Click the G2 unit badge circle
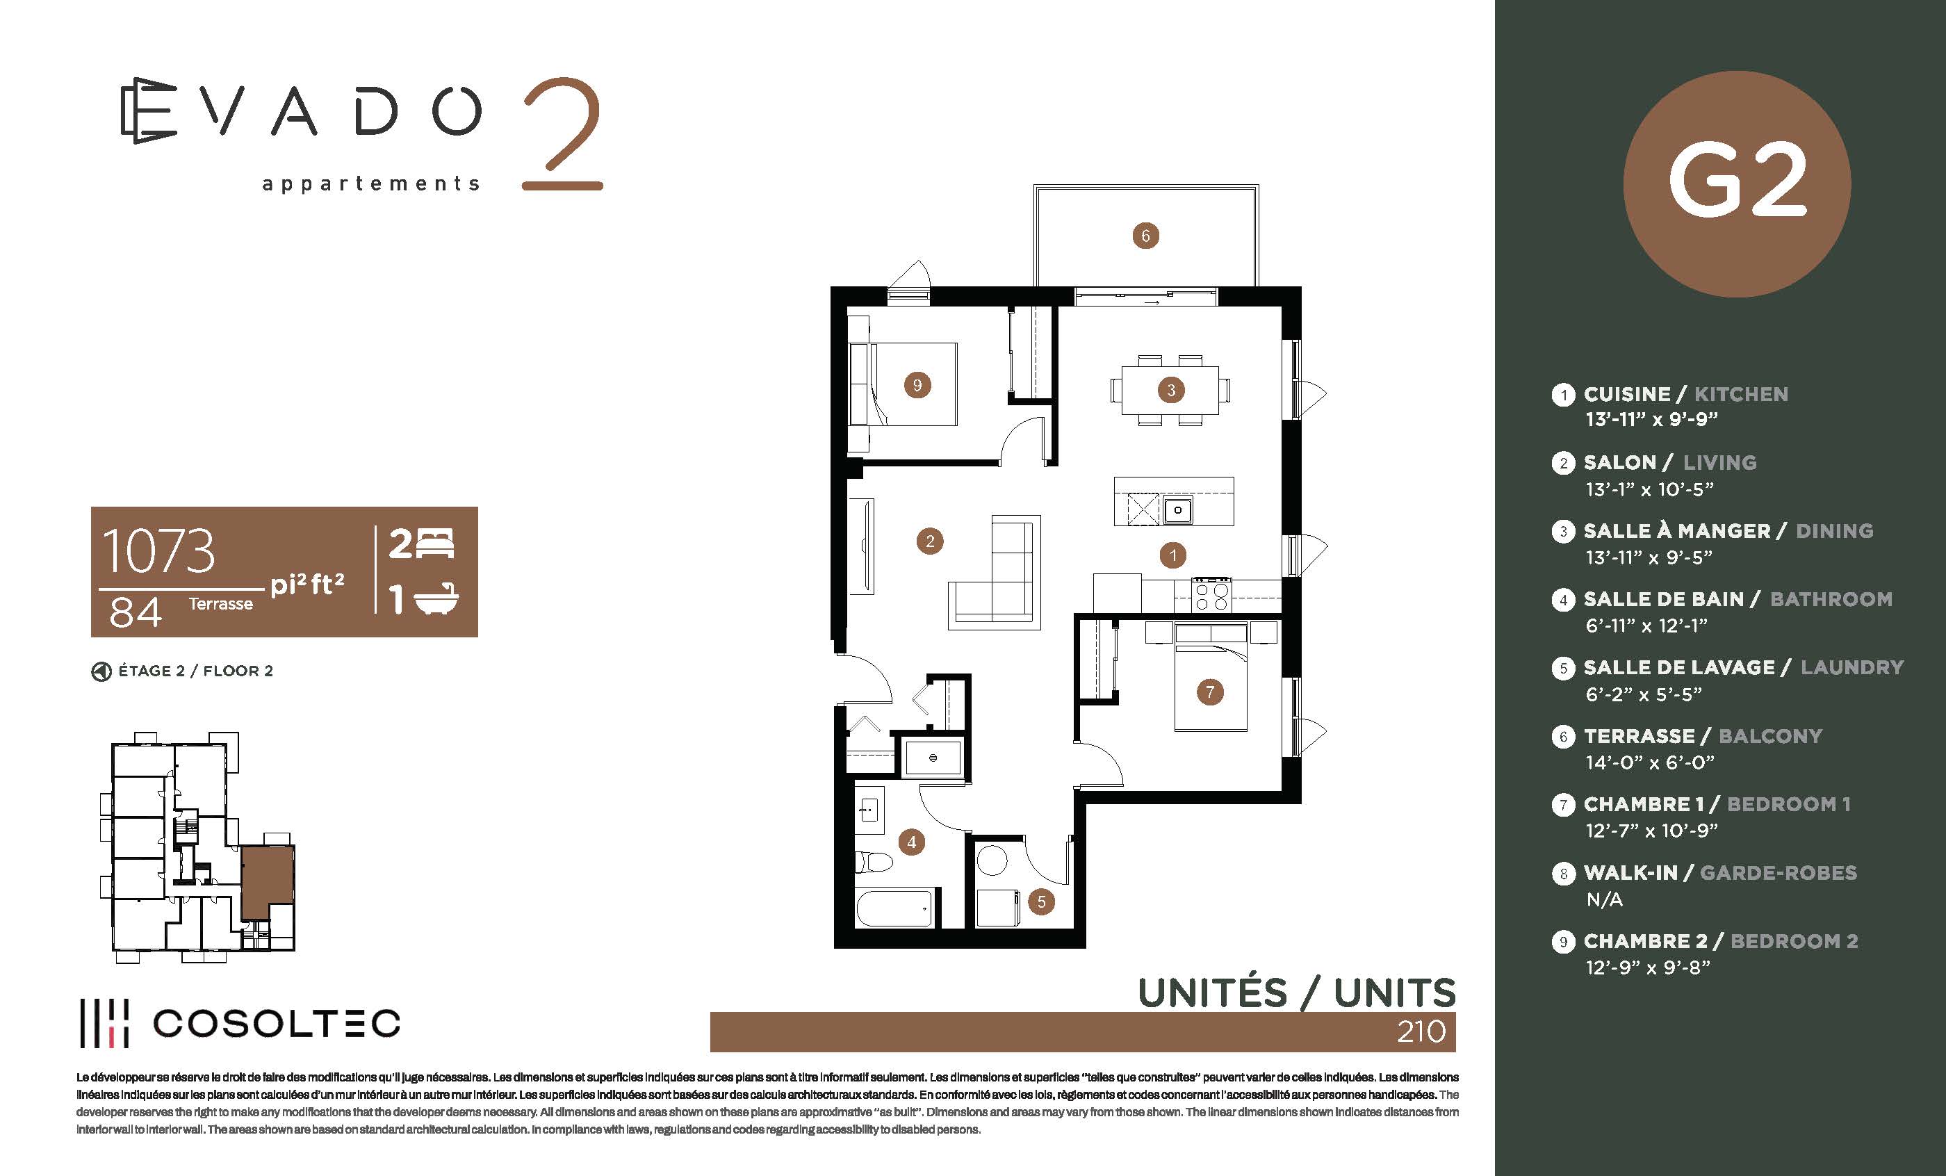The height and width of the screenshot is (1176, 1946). [x=1737, y=184]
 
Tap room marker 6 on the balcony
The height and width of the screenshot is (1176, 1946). [x=1145, y=236]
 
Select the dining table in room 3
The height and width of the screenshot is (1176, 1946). [x=1170, y=390]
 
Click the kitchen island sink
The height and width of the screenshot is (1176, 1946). [x=1177, y=510]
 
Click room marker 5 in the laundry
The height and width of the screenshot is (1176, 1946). [x=1041, y=902]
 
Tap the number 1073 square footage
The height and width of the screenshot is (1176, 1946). [x=158, y=551]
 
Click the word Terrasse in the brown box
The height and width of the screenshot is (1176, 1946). [x=221, y=604]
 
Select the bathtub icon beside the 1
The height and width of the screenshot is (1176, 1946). [x=436, y=599]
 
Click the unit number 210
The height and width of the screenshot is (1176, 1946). [x=1421, y=1031]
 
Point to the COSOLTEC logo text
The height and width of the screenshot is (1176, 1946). [x=277, y=1024]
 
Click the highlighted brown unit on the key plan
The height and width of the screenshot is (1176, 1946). [x=268, y=881]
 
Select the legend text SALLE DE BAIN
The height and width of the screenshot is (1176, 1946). [x=1664, y=599]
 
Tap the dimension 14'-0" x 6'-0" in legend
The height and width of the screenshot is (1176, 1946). [x=1650, y=763]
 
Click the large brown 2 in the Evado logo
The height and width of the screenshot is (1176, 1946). [x=562, y=133]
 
